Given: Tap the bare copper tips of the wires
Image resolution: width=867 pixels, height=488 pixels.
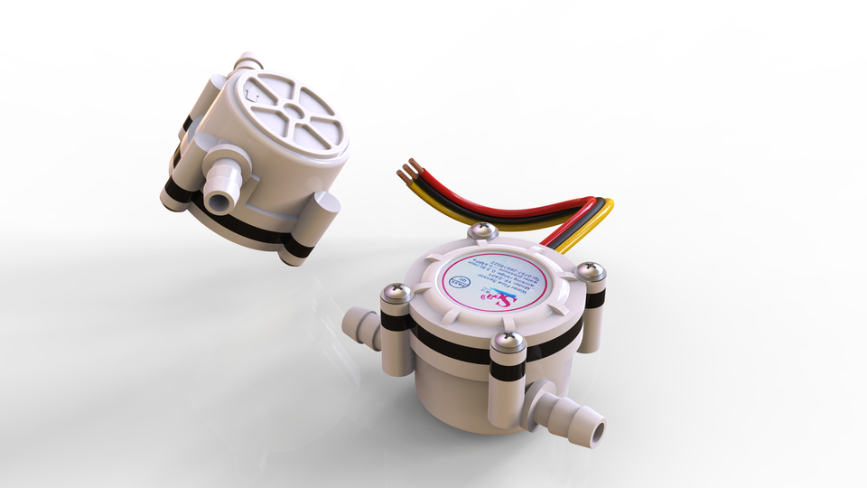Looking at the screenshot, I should click(x=408, y=172).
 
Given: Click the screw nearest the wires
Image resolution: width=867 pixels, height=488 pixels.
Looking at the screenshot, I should click(x=484, y=231).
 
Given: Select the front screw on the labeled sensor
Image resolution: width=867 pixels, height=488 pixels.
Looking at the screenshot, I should click(x=508, y=342).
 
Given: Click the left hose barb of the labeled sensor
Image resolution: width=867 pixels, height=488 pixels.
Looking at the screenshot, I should click(x=359, y=325).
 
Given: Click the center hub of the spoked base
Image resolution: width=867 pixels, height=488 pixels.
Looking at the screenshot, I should click(x=291, y=113).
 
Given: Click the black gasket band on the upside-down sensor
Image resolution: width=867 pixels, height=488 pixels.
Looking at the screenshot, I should click(x=244, y=230).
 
